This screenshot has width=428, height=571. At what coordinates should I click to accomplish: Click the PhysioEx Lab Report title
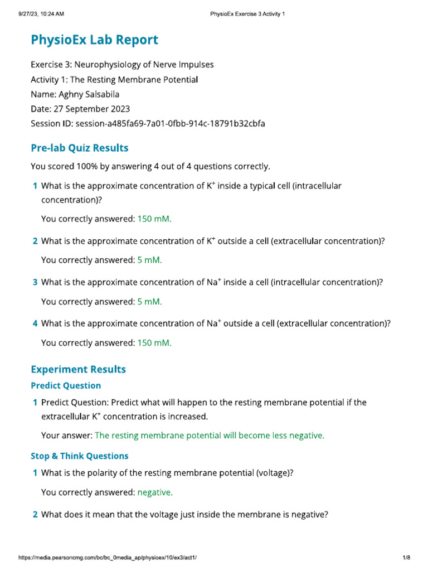pyautogui.click(x=94, y=40)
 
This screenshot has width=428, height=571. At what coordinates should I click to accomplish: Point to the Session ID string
pyautogui.click(x=170, y=123)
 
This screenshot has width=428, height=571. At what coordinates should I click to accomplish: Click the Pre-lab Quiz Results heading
pyautogui.click(x=79, y=148)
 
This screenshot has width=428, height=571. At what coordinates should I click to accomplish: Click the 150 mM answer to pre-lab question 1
pyautogui.click(x=154, y=219)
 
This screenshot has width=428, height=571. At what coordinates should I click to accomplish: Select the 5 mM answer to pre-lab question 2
pyautogui.click(x=149, y=260)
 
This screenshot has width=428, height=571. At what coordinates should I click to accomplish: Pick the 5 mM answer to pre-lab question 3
pyautogui.click(x=149, y=302)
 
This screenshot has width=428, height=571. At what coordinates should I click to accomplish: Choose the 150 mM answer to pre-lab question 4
pyautogui.click(x=154, y=343)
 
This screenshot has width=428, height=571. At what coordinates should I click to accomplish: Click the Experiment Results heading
pyautogui.click(x=78, y=369)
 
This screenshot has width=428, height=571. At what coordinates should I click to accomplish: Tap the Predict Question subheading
pyautogui.click(x=66, y=385)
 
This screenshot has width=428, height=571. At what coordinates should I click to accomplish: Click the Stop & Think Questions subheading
pyautogui.click(x=79, y=456)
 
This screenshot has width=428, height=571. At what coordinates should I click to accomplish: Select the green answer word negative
pyautogui.click(x=155, y=492)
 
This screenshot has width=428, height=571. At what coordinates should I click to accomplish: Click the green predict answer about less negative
pyautogui.click(x=210, y=435)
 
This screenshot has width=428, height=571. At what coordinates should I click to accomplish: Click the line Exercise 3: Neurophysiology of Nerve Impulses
pyautogui.click(x=122, y=65)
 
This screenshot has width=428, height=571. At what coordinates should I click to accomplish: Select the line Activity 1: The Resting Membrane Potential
pyautogui.click(x=114, y=79)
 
